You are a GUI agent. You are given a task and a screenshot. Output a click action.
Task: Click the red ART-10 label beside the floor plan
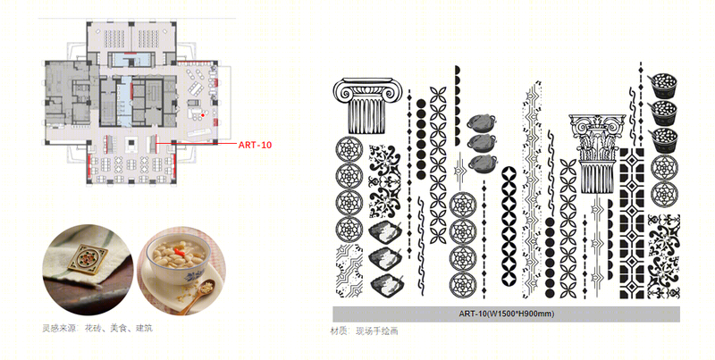point(255,145)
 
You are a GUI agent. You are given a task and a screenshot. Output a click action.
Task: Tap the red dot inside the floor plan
point(203,115)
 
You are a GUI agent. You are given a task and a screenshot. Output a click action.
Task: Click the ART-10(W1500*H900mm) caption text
point(506,314)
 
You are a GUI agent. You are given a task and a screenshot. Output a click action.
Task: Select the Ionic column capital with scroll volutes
point(367,105)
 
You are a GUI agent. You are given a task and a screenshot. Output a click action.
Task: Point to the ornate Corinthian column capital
point(597,156)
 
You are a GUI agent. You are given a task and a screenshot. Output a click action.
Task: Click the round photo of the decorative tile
point(88,269)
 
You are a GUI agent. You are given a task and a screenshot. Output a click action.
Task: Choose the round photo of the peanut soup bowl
point(181,271)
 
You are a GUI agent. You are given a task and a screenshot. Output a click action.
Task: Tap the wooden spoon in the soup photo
point(197,296)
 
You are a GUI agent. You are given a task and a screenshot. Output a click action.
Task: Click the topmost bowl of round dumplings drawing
point(662,86)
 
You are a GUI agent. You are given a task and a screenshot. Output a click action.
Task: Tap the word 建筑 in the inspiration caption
point(144,328)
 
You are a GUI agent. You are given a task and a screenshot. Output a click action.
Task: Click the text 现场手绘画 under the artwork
point(376,331)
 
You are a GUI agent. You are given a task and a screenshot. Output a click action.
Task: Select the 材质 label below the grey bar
point(339,331)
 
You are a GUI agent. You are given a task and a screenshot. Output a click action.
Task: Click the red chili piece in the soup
point(180,250)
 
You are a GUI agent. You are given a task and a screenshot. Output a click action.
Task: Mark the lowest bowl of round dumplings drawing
point(662,139)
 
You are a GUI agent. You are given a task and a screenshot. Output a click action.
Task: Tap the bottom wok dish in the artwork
point(482,163)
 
